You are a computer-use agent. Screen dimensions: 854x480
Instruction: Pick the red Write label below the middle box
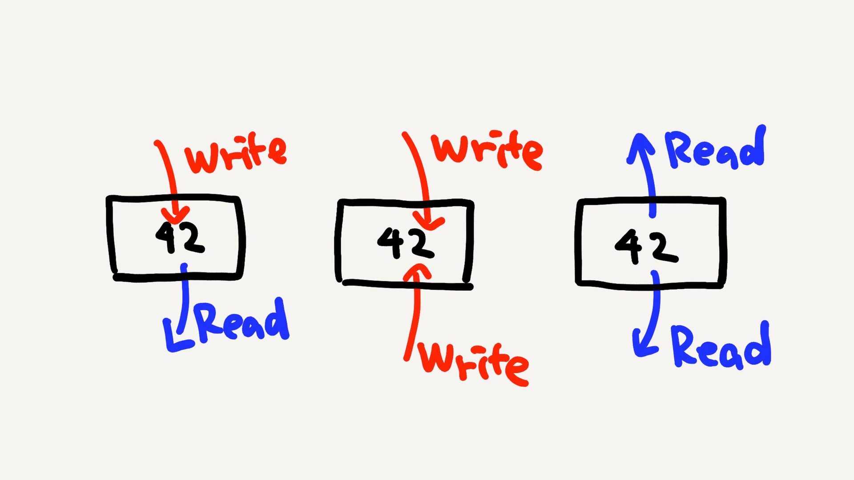pyautogui.click(x=474, y=364)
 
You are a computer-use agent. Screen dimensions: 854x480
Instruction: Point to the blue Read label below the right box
pyautogui.click(x=721, y=346)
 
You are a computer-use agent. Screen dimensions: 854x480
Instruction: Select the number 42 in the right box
pyautogui.click(x=647, y=247)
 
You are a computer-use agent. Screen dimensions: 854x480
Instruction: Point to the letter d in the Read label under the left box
pyautogui.click(x=278, y=318)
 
